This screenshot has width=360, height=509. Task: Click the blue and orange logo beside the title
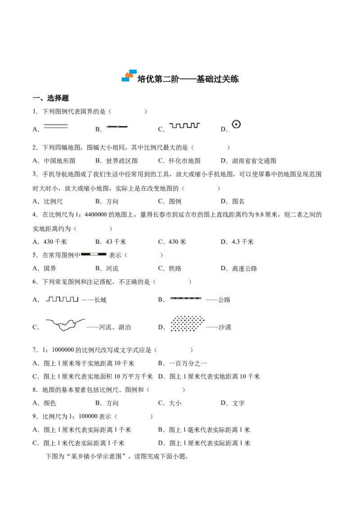[x=129, y=75]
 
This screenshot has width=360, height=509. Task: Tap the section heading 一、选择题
[x=51, y=98]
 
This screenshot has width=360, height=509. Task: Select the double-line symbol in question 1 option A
[x=55, y=126]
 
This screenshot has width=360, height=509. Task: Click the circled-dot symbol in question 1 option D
[x=236, y=124]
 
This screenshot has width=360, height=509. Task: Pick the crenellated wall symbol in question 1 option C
[x=184, y=125]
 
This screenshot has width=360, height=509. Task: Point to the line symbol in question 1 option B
[x=117, y=126]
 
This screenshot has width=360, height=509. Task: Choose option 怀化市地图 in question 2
[x=184, y=161]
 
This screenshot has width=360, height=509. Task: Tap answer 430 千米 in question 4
[x=55, y=242]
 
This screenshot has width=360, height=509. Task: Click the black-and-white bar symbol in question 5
[x=94, y=254]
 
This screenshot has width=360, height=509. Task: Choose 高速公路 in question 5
[x=245, y=268]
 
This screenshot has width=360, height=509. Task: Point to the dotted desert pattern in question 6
[x=188, y=324]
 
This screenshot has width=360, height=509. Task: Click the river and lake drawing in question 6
[x=65, y=324]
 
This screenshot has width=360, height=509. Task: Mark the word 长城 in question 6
[x=100, y=300]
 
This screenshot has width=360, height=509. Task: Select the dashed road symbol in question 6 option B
[x=186, y=298]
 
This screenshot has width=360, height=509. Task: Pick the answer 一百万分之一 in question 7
[x=188, y=363]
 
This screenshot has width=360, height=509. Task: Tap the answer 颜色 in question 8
[x=49, y=403]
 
